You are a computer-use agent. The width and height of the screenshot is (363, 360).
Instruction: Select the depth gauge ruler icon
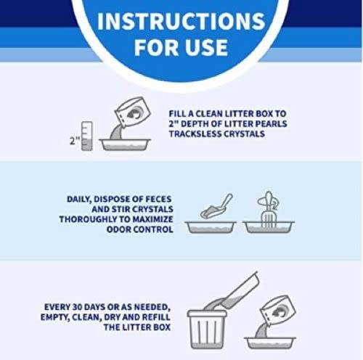pos(87,135)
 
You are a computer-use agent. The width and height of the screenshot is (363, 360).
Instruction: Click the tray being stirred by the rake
pos(268,226)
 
